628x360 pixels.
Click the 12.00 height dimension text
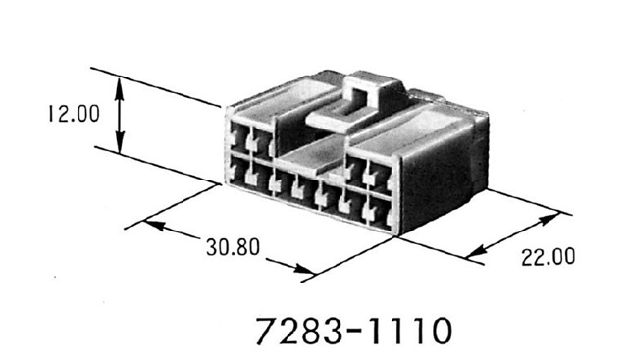tap(70, 115)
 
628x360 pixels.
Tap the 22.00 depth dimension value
tap(548, 259)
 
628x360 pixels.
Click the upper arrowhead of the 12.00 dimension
tap(120, 81)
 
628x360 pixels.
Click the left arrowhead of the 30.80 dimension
tap(150, 225)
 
